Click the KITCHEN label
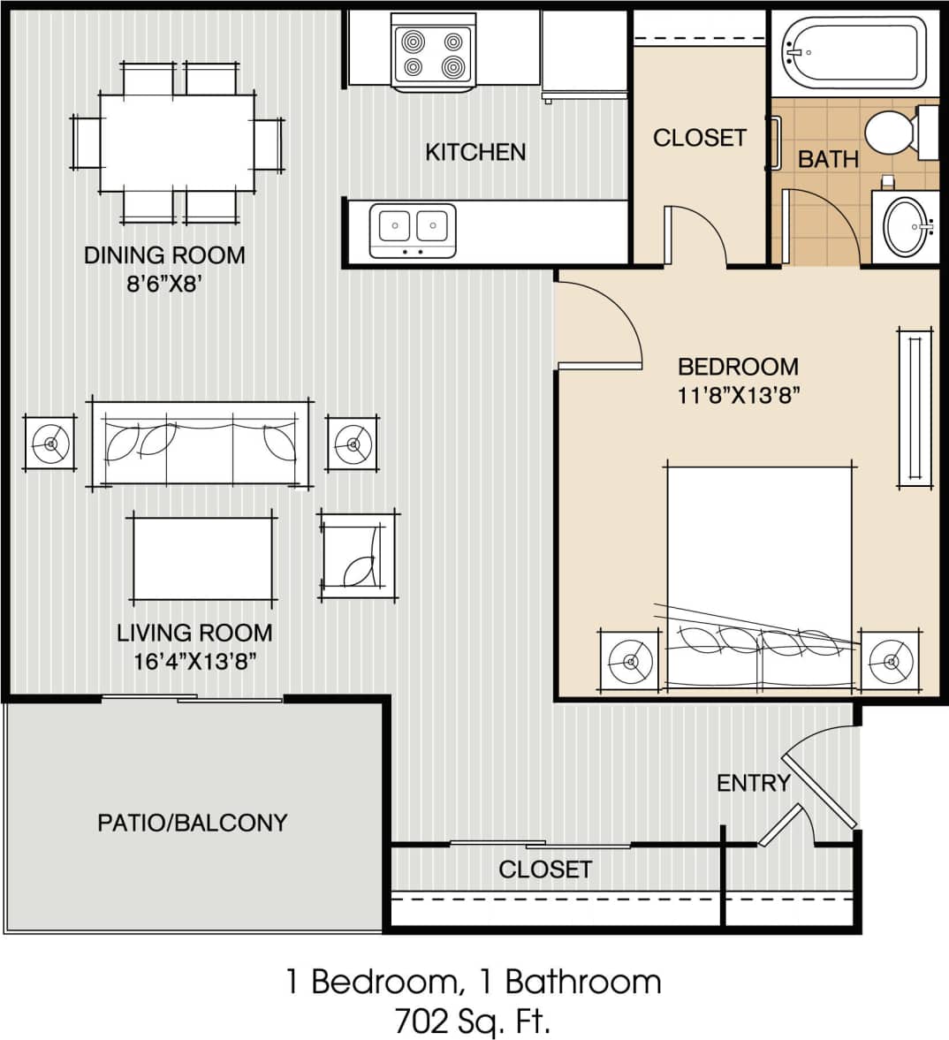[x=475, y=152]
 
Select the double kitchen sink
[x=413, y=228]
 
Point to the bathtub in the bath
[x=854, y=53]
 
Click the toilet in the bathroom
[x=897, y=133]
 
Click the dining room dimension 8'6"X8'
[x=163, y=285]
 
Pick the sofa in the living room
[x=201, y=443]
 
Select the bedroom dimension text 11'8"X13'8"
[x=739, y=394]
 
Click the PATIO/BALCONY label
[x=192, y=823]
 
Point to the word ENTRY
[x=752, y=783]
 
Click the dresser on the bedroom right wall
[x=915, y=408]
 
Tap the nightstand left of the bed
[x=629, y=661]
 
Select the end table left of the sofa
[x=50, y=443]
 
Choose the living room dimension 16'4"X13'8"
[x=194, y=661]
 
